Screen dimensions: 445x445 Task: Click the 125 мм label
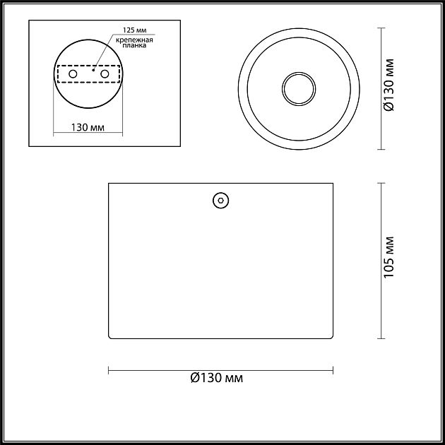click(134, 30)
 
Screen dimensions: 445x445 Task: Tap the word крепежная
click(134, 40)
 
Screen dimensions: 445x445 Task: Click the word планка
click(134, 45)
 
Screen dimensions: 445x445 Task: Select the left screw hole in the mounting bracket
click(73, 74)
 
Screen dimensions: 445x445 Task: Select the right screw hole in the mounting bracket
click(105, 74)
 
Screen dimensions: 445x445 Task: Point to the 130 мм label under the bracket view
click(88, 127)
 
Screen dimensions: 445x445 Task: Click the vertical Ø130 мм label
click(388, 85)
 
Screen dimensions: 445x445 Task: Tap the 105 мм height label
click(388, 257)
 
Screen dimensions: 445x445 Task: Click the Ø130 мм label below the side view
click(217, 378)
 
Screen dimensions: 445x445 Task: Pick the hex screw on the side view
click(221, 201)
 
